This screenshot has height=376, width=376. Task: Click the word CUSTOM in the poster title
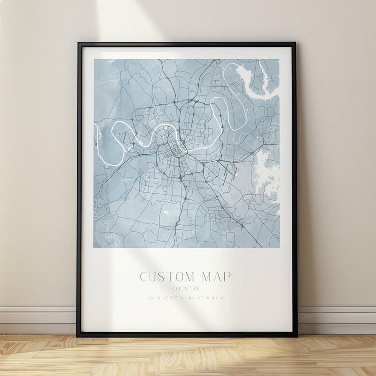coord(166,277)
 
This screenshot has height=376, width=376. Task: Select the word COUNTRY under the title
coord(186,289)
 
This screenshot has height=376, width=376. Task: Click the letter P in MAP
coord(227,277)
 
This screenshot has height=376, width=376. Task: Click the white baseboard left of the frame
coord(38,320)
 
